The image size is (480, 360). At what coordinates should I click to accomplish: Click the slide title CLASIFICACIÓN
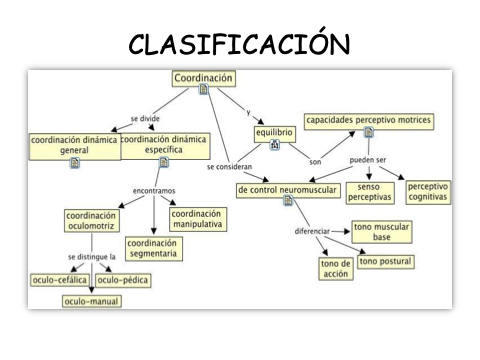click(x=239, y=43)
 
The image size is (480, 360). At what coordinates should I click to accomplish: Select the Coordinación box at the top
click(x=204, y=79)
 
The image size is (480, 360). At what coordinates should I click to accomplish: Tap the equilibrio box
click(x=275, y=134)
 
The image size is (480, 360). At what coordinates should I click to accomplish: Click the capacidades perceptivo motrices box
click(x=369, y=121)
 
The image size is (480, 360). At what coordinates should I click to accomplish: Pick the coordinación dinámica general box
click(x=75, y=147)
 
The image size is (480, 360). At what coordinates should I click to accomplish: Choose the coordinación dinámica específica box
click(x=165, y=146)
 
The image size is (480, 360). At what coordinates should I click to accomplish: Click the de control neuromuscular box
click(x=288, y=190)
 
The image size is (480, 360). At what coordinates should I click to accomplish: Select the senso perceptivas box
click(x=370, y=193)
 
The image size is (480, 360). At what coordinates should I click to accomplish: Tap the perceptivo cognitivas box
click(x=428, y=192)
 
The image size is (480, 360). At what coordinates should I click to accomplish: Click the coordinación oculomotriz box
click(x=92, y=221)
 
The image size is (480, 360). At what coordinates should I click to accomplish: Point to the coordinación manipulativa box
click(x=198, y=219)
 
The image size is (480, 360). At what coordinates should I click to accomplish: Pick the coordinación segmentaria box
click(x=154, y=249)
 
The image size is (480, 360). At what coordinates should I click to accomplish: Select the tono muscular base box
click(x=382, y=232)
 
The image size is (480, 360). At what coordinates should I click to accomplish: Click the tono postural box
click(x=386, y=262)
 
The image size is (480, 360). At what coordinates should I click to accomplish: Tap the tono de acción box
click(x=336, y=269)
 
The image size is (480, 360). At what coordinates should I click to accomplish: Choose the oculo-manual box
click(x=92, y=301)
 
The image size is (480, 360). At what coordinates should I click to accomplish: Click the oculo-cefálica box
click(x=60, y=280)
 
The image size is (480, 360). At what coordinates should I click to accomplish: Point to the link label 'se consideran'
click(x=229, y=167)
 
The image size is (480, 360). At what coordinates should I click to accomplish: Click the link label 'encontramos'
click(x=154, y=191)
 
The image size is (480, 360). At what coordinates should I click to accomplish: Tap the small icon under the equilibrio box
click(x=275, y=145)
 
